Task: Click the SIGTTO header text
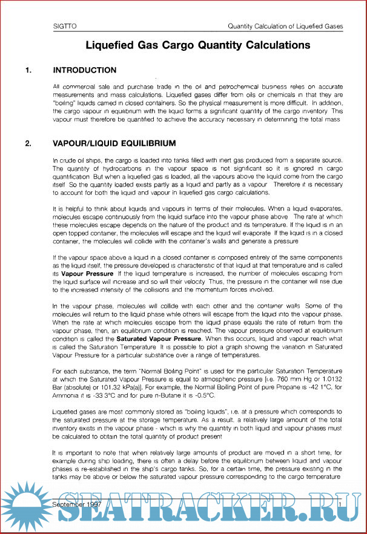[x=62, y=27]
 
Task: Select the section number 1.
[x=28, y=71]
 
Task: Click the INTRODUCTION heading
[x=85, y=71]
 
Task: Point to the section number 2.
[x=28, y=143]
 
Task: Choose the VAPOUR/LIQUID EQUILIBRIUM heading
[x=114, y=143]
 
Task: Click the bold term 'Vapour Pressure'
[x=86, y=274]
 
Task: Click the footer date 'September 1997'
[x=77, y=504]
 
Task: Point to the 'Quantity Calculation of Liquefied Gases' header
[x=285, y=27]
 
